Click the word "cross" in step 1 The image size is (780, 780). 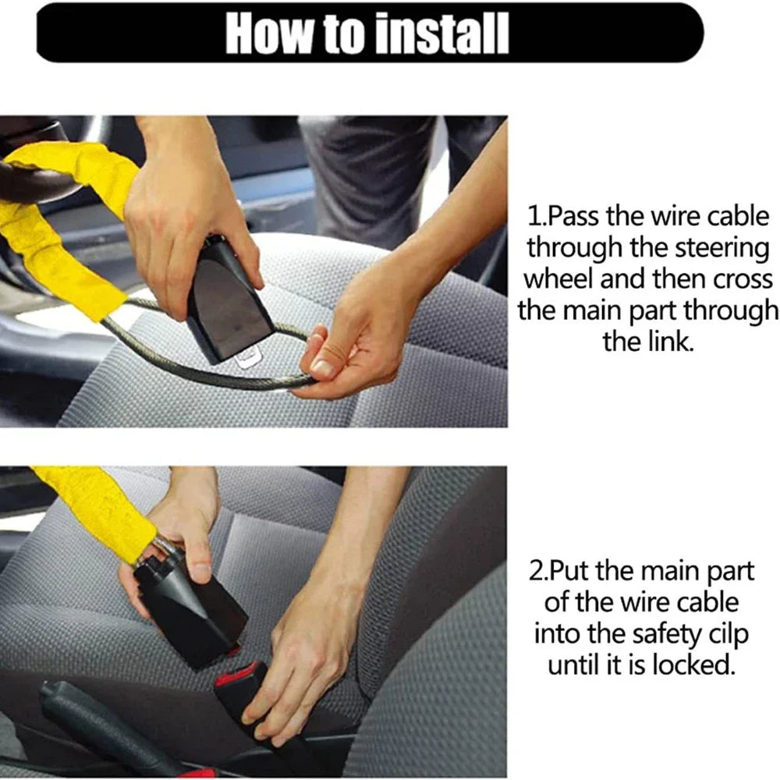pyautogui.click(x=742, y=278)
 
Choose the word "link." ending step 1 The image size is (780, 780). pyautogui.click(x=647, y=341)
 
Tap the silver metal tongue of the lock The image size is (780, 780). pyautogui.click(x=248, y=360)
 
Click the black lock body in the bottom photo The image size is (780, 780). pyautogui.click(x=191, y=608)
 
